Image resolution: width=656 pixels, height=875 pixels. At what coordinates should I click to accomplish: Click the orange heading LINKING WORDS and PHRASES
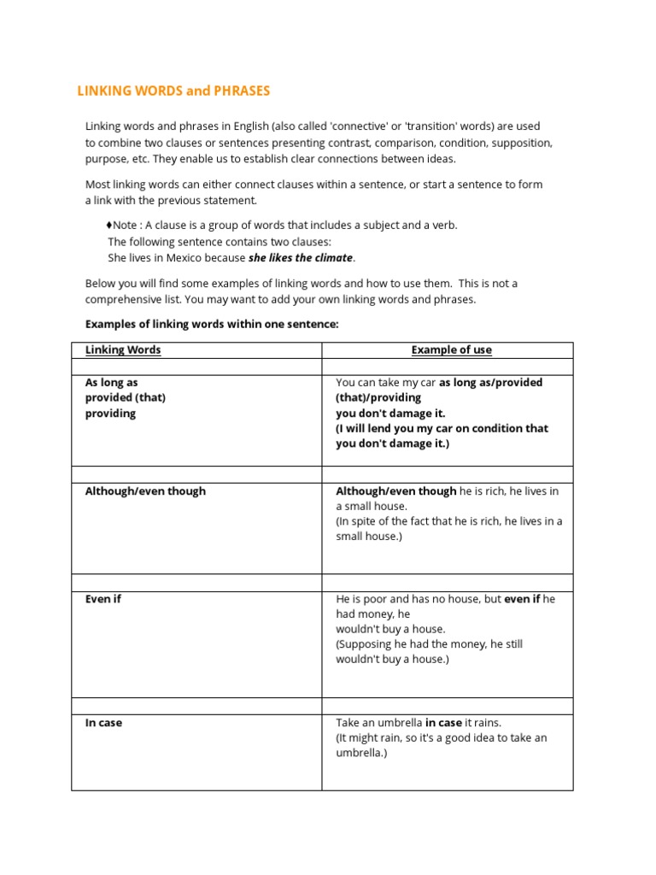pyautogui.click(x=173, y=91)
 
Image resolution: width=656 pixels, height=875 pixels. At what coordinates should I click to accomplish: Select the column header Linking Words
pyautogui.click(x=123, y=349)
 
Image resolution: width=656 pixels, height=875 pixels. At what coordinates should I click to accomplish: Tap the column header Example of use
pyautogui.click(x=451, y=349)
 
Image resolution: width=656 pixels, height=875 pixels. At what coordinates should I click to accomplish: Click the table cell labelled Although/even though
pyautogui.click(x=145, y=491)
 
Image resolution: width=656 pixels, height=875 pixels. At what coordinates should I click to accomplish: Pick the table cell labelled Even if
pyautogui.click(x=103, y=599)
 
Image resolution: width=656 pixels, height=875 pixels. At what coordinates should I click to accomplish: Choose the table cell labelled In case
pyautogui.click(x=103, y=723)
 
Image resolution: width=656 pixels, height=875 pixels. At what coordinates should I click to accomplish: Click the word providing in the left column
pyautogui.click(x=110, y=414)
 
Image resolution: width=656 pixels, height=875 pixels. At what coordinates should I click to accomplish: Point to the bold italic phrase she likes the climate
pyautogui.click(x=300, y=258)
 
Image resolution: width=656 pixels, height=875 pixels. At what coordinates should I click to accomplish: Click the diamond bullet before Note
pyautogui.click(x=109, y=226)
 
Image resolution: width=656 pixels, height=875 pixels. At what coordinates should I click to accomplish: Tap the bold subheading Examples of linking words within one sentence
pyautogui.click(x=212, y=324)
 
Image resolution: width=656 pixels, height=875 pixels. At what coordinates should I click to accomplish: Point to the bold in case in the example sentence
pyautogui.click(x=443, y=723)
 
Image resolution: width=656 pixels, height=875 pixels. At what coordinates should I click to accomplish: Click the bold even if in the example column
pyautogui.click(x=522, y=599)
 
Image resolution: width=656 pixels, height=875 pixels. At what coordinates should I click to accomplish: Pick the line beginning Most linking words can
pyautogui.click(x=313, y=185)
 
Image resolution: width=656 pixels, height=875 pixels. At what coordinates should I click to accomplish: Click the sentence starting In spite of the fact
pyautogui.click(x=448, y=521)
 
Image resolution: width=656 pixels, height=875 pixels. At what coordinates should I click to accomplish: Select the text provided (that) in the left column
pyautogui.click(x=126, y=398)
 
